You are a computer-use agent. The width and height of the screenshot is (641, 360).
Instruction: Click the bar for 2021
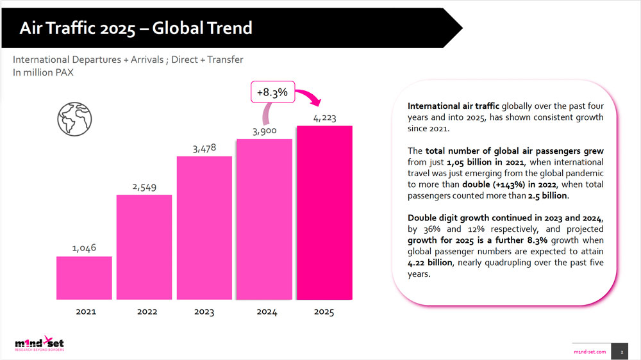click(x=84, y=277)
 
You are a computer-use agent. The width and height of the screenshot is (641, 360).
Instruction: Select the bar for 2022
click(x=144, y=247)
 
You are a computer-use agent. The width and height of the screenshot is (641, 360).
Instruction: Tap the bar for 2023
click(x=204, y=227)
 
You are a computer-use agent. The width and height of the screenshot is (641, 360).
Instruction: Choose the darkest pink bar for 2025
click(x=324, y=212)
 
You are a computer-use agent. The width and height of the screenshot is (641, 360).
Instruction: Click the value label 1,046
click(x=83, y=247)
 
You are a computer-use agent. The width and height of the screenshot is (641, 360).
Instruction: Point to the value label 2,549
click(x=144, y=186)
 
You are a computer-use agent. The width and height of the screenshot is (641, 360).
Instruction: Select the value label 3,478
click(x=204, y=148)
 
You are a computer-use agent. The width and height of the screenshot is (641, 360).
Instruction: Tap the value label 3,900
click(x=265, y=131)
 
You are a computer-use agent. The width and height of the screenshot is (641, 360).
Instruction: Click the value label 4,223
click(x=324, y=118)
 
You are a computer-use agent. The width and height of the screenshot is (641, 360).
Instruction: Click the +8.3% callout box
click(x=272, y=92)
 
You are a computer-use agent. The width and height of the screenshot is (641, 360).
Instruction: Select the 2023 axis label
click(x=204, y=312)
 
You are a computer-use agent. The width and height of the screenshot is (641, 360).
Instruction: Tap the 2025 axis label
click(x=324, y=312)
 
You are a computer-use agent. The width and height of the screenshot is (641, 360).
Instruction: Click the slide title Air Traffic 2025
click(x=135, y=28)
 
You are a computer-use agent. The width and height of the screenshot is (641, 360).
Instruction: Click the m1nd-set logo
click(x=40, y=345)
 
